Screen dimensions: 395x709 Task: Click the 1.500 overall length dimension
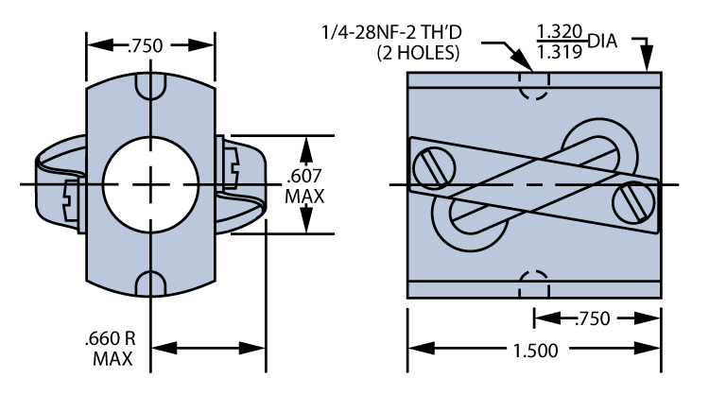[x=531, y=350]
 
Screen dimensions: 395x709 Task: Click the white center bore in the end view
[x=151, y=184]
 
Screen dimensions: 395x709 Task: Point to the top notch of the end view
[x=151, y=86]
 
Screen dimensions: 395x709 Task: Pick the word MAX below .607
[x=305, y=197]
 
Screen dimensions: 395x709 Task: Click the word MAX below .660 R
[x=112, y=359]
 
